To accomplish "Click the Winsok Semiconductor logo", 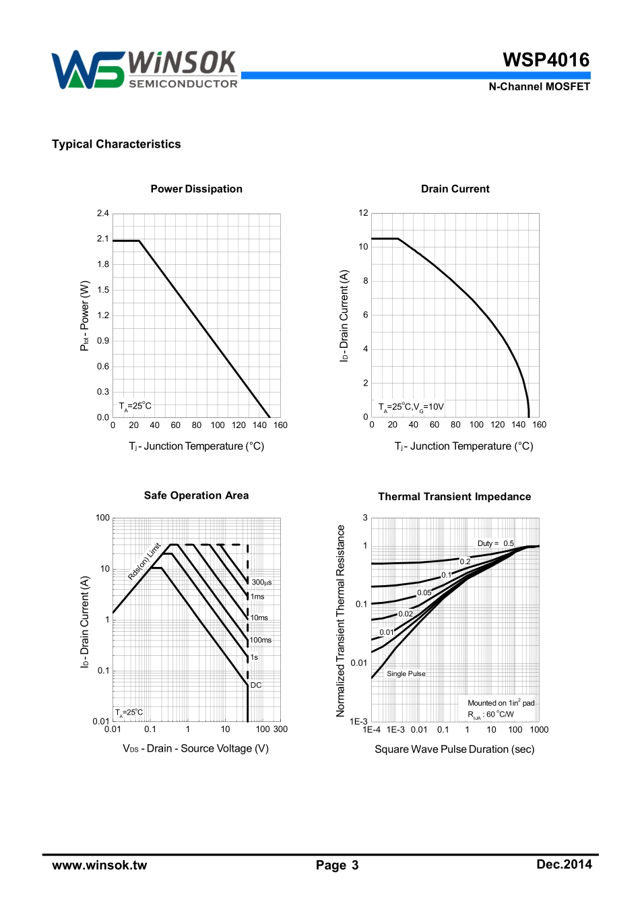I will [x=145, y=69].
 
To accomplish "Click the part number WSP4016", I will [x=546, y=60].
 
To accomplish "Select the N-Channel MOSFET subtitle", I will [x=539, y=87].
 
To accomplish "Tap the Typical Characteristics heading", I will [x=117, y=144].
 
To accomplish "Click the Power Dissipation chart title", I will [x=196, y=189].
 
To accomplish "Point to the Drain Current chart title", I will [x=455, y=189].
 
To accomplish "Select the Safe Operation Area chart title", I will [x=196, y=496].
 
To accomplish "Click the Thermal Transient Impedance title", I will [x=454, y=497].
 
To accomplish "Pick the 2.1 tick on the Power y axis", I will [x=102, y=239].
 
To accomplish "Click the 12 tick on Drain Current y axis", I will [x=363, y=213].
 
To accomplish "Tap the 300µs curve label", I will [x=261, y=582].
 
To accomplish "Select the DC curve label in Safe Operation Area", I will [x=256, y=685].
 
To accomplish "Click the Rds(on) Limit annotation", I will [x=145, y=561].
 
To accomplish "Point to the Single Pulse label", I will [x=406, y=673].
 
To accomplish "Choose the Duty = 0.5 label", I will [x=495, y=543].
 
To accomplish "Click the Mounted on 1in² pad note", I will [x=501, y=703].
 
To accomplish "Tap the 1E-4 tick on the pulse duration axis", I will [x=371, y=729].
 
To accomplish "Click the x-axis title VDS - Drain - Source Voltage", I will [x=195, y=749].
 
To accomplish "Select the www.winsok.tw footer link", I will [x=99, y=866].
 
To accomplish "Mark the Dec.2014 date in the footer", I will [x=564, y=865].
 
